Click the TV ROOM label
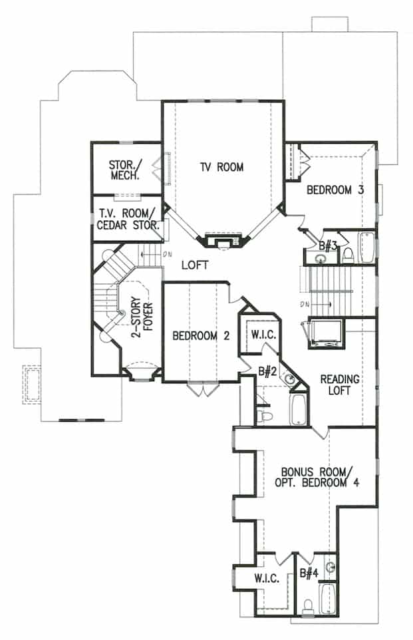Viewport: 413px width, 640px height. tap(221, 167)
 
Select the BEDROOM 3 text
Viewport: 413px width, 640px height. tap(335, 190)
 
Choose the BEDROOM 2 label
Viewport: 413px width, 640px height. tap(201, 336)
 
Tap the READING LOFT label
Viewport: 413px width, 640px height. tap(339, 385)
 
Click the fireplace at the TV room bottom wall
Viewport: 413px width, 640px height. tap(223, 240)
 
